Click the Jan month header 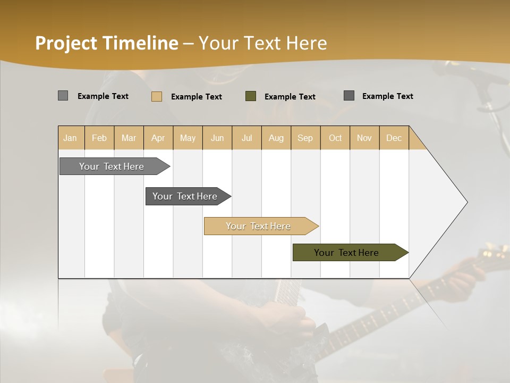tap(71, 138)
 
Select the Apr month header tap(158, 138)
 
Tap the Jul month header tap(246, 138)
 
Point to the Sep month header tap(305, 138)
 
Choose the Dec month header tap(394, 138)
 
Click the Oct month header tap(335, 138)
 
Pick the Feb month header tap(99, 138)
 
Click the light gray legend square tap(63, 96)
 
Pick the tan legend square tap(157, 96)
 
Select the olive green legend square tap(251, 96)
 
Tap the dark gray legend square tap(349, 96)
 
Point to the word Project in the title tap(67, 43)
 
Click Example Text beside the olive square tap(290, 96)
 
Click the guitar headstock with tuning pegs tap(491, 254)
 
